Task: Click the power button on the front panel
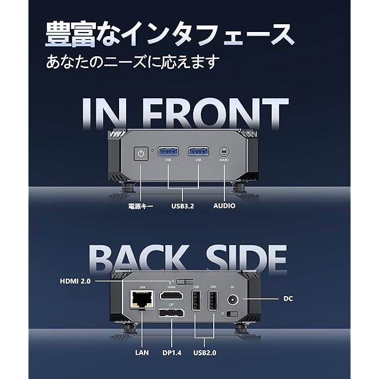140,154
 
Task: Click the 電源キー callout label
140,206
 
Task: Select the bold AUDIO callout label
224,206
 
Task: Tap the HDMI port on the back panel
171,296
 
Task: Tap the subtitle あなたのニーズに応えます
133,62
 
